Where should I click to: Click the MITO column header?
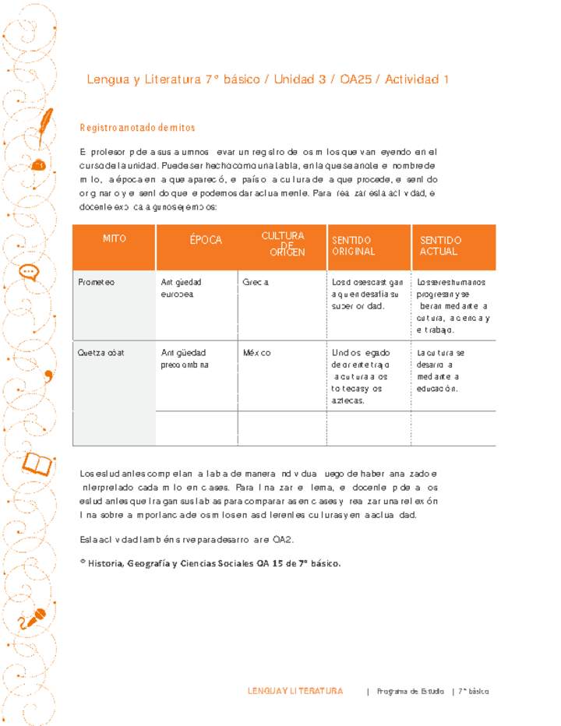coord(114,238)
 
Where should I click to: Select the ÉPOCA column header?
coord(206,240)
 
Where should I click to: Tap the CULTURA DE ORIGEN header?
coord(283,243)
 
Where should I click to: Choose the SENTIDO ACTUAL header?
coord(440,245)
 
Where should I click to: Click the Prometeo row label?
coord(96,282)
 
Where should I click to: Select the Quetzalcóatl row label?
coord(101,353)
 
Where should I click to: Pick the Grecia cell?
coord(256,282)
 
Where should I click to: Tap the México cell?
coord(256,353)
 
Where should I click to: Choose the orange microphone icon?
coord(32,619)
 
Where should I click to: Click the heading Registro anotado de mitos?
coord(137,127)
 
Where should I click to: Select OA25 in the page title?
coord(355,79)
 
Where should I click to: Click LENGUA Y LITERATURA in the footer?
coord(295,691)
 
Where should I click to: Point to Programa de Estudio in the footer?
coord(411,692)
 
